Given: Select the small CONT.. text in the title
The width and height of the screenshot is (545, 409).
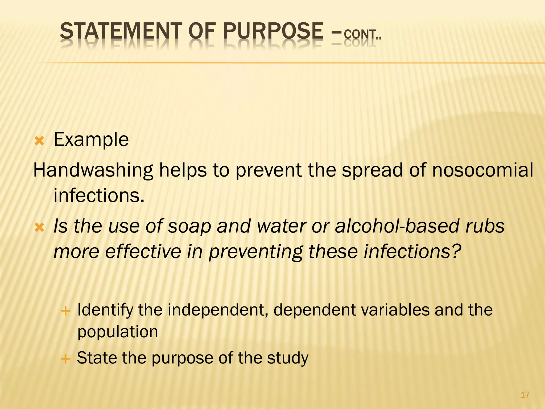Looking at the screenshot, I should click(x=362, y=35).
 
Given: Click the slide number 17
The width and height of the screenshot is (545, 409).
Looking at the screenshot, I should click(x=525, y=395).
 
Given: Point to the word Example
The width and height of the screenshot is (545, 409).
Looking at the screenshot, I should click(x=91, y=140).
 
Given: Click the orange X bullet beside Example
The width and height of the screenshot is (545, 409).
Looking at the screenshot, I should click(x=39, y=141).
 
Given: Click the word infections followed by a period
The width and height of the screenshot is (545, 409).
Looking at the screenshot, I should click(x=99, y=195).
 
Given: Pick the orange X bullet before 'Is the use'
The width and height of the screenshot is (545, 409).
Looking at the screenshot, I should click(x=39, y=227).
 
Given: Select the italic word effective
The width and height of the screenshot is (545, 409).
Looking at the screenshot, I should click(x=143, y=252).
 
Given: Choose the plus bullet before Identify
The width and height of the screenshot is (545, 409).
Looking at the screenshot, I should click(x=65, y=311).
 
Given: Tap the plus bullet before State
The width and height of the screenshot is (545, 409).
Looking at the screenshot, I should click(x=65, y=359).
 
